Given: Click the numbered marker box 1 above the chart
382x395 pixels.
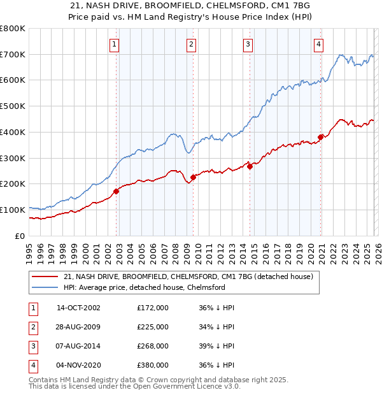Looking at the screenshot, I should coord(114,44).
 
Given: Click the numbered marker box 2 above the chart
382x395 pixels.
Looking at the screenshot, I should coord(191,44).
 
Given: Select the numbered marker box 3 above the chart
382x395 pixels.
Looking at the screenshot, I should coord(247,44).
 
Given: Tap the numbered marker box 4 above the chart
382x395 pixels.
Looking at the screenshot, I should coord(318,44).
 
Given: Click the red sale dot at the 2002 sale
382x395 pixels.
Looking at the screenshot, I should coord(117,191).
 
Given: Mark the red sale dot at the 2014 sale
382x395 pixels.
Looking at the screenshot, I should coord(250,166).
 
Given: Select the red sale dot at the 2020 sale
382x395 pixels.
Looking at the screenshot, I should coord(320,137).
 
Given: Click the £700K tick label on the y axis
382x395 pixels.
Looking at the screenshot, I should coord(13,55).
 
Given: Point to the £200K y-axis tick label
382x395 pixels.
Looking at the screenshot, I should coord(13,184).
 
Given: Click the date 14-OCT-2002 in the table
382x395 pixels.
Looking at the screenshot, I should coord(78,308).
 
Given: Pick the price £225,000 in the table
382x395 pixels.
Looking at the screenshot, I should coord(153,327).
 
